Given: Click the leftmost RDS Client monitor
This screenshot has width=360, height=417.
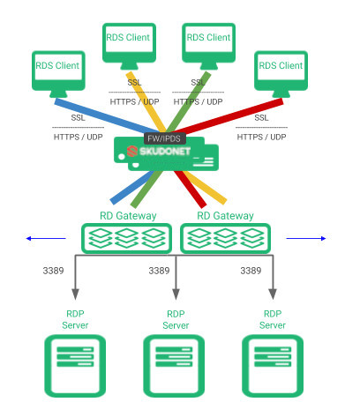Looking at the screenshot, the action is tap(58, 74).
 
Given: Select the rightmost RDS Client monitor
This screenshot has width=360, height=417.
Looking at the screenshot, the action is tap(281, 74).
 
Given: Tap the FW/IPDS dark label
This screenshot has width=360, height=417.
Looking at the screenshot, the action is tap(164, 138).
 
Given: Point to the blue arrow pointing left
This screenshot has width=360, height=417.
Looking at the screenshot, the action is tap(46, 238).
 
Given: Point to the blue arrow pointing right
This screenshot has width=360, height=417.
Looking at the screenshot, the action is tap(306, 238).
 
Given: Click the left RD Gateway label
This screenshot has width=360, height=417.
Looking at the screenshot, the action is tap(128, 216).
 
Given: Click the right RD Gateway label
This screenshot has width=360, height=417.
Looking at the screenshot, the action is tap(225, 216).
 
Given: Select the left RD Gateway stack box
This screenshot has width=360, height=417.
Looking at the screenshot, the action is tap(126, 238).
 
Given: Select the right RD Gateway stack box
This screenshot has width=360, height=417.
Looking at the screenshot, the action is tap(225, 238).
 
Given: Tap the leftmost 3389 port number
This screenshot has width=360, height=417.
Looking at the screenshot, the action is tap(53, 271).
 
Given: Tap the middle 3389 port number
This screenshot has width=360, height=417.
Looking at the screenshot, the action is tap(159, 271).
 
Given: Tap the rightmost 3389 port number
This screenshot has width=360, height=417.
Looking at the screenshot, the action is tap(251, 271).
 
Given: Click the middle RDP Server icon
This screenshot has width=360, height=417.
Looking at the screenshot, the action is tap(174, 366).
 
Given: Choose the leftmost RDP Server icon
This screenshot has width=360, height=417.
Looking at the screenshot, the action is tap(75, 366).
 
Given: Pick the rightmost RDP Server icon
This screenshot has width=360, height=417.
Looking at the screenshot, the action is tap(273, 366).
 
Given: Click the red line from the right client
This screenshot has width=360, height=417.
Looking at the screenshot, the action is tap(228, 116).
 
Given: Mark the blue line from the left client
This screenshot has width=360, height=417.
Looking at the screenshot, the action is tap(108, 116).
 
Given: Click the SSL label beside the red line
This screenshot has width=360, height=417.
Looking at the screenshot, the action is tap(261, 118).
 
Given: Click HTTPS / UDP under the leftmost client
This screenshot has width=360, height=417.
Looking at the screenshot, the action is tap(79, 137).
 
